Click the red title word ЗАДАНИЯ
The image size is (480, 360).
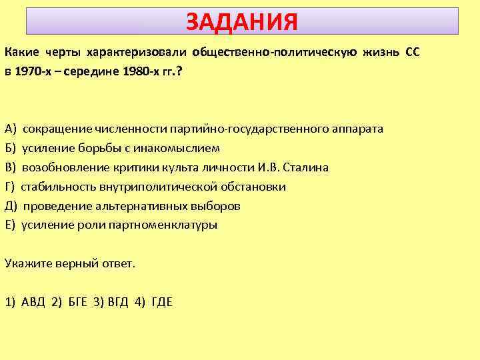[x=241, y=22]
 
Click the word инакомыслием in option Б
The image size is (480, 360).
[x=183, y=148]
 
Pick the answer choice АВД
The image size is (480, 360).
[x=33, y=302]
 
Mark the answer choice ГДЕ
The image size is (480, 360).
[x=162, y=302]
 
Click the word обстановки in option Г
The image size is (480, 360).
[x=257, y=187]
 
